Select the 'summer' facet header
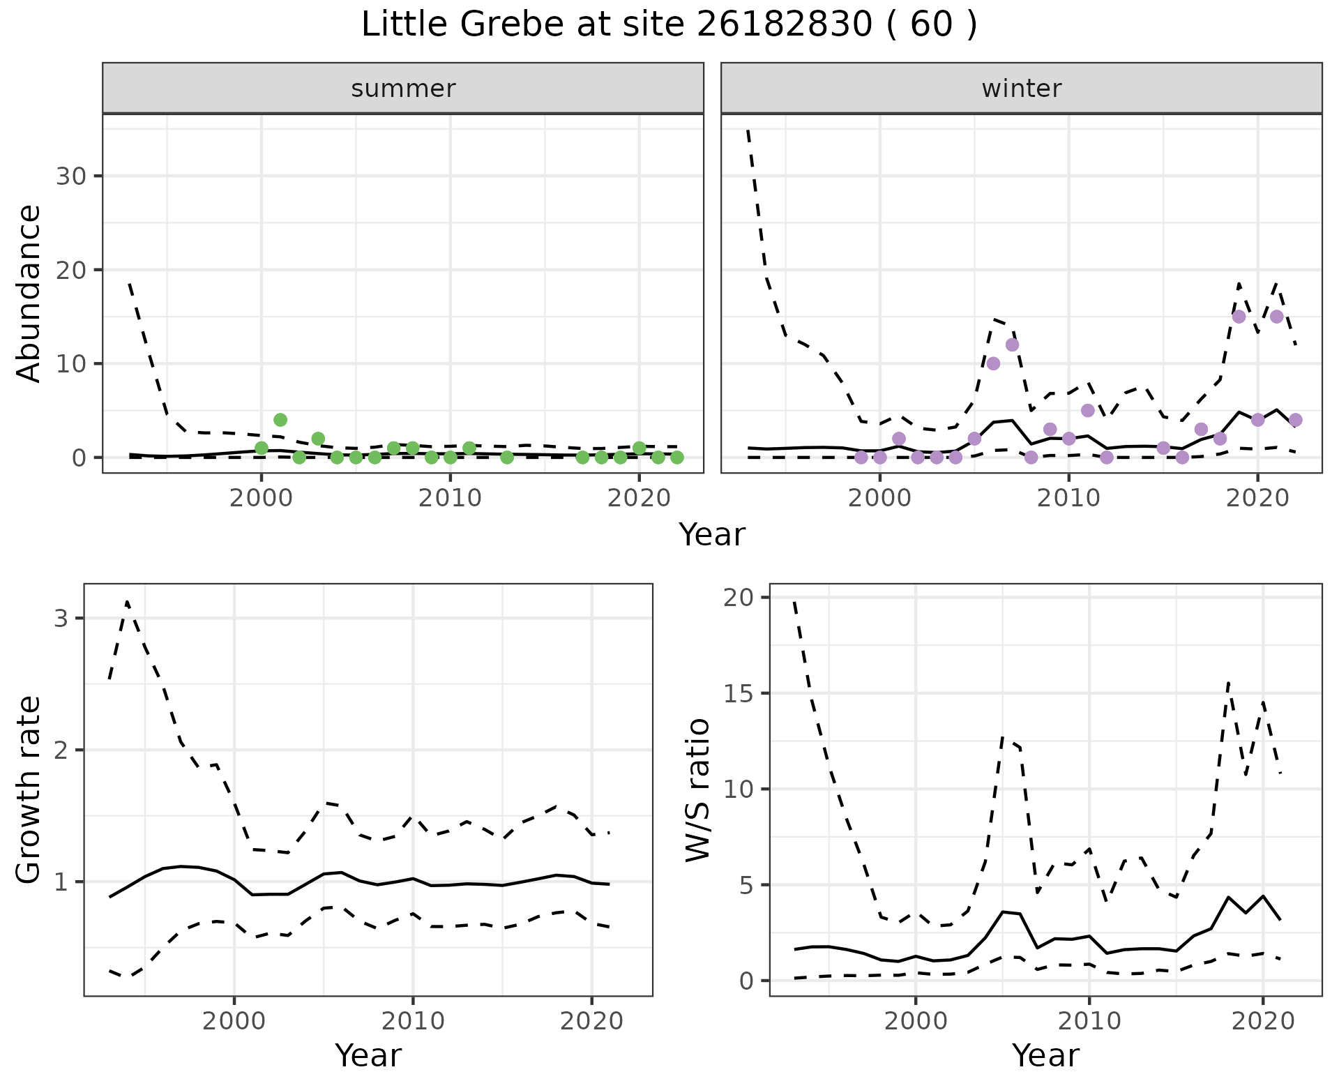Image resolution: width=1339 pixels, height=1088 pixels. (402, 89)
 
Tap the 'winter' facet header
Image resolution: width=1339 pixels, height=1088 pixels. (1021, 89)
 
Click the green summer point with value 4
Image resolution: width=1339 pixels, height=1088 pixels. (280, 420)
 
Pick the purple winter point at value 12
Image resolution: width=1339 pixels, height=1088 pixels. (1013, 345)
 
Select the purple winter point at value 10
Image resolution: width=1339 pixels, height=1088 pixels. (994, 363)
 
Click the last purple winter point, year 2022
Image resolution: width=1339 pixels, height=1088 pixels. (1296, 420)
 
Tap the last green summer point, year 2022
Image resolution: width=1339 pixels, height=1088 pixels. (676, 458)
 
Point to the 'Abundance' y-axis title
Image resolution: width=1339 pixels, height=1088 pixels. (29, 293)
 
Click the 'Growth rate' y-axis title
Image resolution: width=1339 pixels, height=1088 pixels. (29, 790)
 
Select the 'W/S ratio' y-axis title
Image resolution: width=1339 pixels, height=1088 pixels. (698, 790)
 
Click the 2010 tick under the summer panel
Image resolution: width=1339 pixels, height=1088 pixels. (450, 498)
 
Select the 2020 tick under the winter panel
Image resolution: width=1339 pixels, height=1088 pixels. (1257, 498)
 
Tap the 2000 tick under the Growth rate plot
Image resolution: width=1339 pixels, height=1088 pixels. (234, 1022)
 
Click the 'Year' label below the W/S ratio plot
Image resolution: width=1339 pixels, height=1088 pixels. (1045, 1056)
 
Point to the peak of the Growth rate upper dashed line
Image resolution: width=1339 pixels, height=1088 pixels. (127, 601)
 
